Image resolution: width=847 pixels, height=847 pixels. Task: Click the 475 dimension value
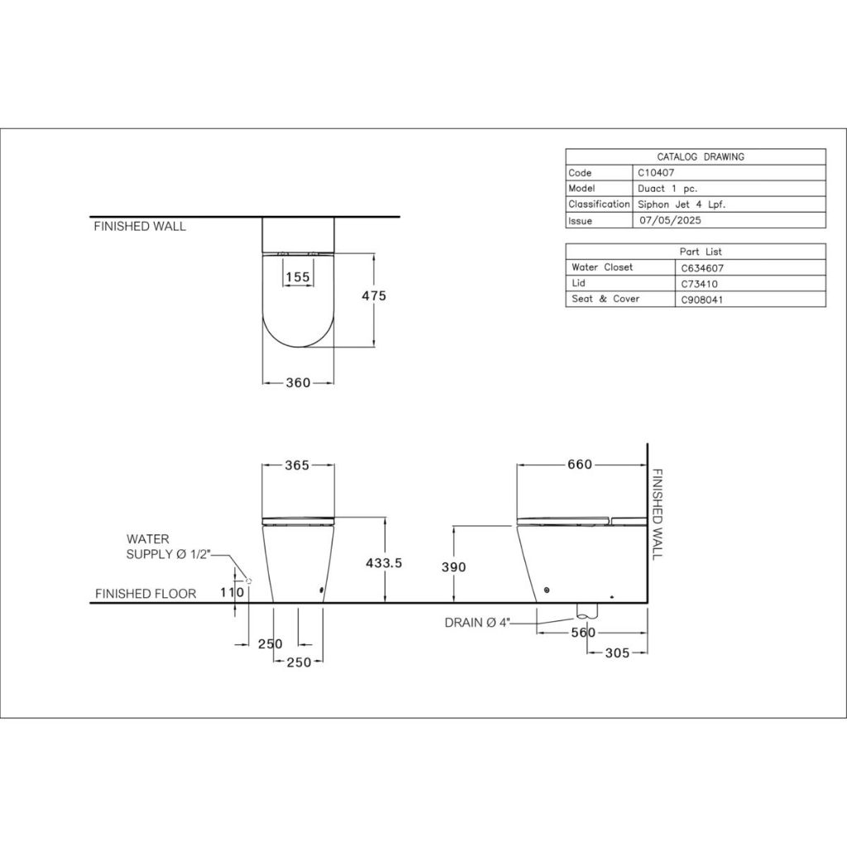(x=374, y=295)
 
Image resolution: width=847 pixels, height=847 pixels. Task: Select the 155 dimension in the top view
(x=298, y=277)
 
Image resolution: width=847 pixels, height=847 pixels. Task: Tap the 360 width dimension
(x=298, y=382)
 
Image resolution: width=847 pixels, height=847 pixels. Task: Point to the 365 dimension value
(x=297, y=465)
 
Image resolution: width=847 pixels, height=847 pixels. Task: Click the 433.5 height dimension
(x=384, y=562)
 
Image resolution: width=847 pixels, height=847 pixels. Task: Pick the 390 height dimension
(x=454, y=567)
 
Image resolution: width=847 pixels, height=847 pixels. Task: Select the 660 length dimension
(x=580, y=465)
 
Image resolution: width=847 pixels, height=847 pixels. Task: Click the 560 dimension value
(x=583, y=633)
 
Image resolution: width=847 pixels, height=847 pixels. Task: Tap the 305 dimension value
(x=617, y=653)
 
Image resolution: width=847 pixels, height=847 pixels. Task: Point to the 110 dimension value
(x=232, y=592)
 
